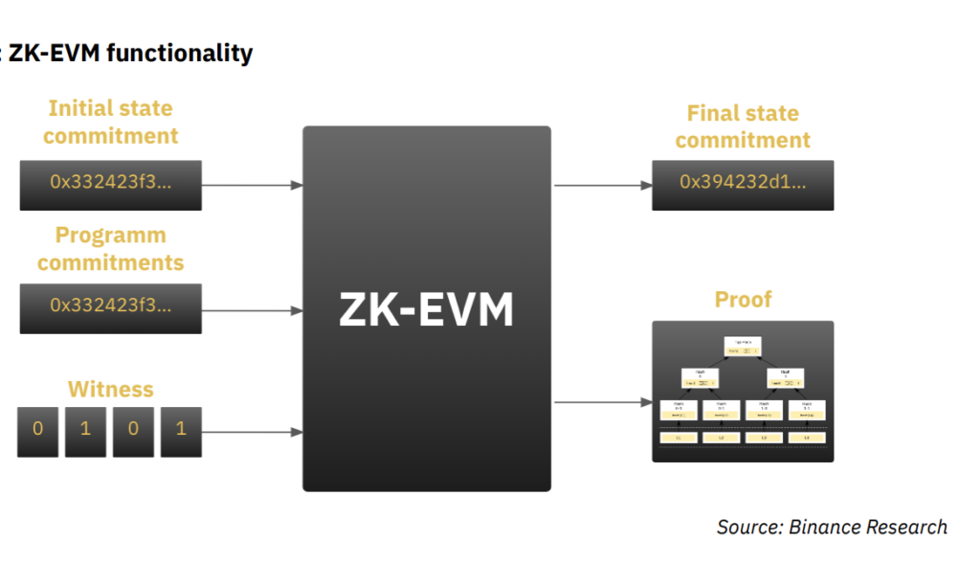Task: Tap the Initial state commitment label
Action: [x=110, y=123]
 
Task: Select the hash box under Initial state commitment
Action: [x=110, y=185]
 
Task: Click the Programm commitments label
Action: [x=110, y=249]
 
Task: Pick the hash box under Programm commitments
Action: [x=110, y=308]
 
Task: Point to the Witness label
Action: [x=110, y=390]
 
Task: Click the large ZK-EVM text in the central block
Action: [x=426, y=309]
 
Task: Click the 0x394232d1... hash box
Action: [x=743, y=185]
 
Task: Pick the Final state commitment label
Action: [x=743, y=126]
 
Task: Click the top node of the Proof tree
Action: [x=743, y=347]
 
